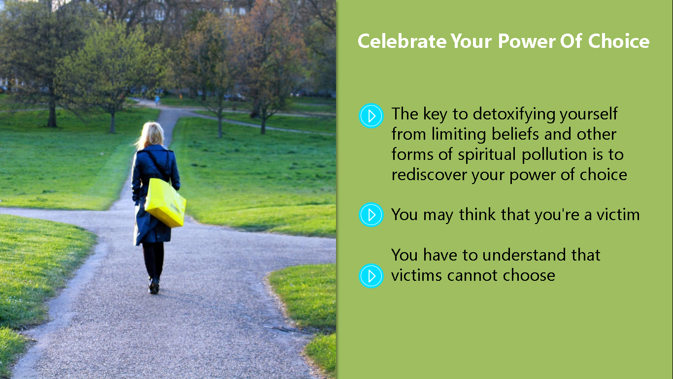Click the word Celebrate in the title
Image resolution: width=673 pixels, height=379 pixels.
[x=402, y=41]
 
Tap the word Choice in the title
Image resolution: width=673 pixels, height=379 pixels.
[x=619, y=41]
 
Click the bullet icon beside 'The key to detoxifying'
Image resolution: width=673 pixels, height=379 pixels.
[x=371, y=116]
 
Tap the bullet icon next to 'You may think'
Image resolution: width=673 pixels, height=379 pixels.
[x=371, y=215]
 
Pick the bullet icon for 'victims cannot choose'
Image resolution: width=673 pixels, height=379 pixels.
[x=371, y=276]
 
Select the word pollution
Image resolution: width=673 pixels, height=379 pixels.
[x=554, y=155]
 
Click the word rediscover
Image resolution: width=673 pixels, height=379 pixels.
[x=429, y=175]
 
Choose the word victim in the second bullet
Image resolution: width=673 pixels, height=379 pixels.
[x=618, y=215]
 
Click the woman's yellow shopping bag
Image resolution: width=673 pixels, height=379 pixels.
[x=165, y=202]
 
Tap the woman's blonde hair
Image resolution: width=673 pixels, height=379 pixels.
[x=151, y=135]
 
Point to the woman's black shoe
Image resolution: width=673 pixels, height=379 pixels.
[x=154, y=286]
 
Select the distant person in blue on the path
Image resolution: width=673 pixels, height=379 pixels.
[x=157, y=100]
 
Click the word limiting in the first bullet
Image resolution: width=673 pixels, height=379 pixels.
[x=459, y=134]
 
